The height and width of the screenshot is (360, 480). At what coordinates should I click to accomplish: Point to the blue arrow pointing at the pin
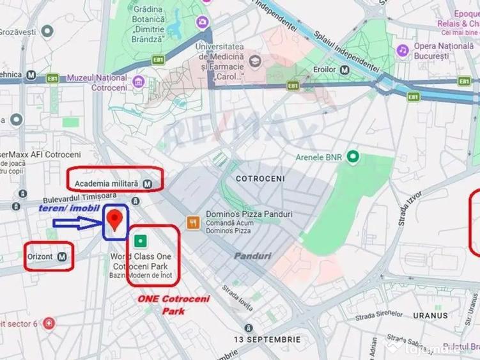pos(77,223)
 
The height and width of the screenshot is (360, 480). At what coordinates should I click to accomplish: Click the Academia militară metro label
pos(107,184)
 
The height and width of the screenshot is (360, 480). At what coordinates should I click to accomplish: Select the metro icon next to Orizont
pos(62,256)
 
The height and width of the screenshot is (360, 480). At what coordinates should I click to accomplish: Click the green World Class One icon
pos(141,241)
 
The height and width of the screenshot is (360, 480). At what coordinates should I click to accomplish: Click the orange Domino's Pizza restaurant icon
pos(192,223)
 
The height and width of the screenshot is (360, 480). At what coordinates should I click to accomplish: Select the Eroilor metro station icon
pos(345,70)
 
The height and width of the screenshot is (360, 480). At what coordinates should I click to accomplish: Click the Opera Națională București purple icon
pos(403,50)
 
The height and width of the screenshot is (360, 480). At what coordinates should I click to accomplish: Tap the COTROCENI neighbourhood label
pos(259,178)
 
